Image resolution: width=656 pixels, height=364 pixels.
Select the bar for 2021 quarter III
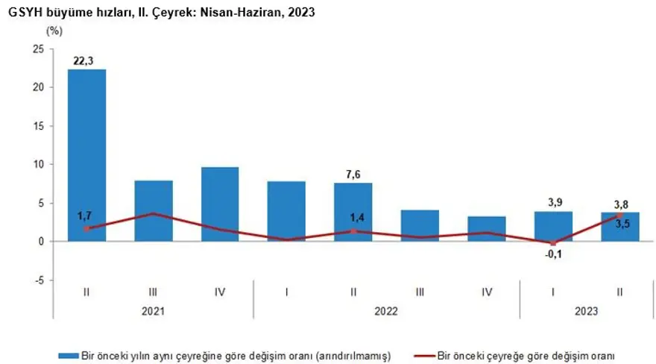coord(154,210)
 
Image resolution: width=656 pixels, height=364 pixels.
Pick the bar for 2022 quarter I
coord(286,211)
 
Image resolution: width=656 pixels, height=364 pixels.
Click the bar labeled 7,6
coord(353,212)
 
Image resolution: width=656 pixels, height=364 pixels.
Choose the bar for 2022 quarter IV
coord(486,228)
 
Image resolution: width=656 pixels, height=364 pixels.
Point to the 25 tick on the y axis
coord(39,48)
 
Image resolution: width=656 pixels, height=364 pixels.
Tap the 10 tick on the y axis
coord(39,164)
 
